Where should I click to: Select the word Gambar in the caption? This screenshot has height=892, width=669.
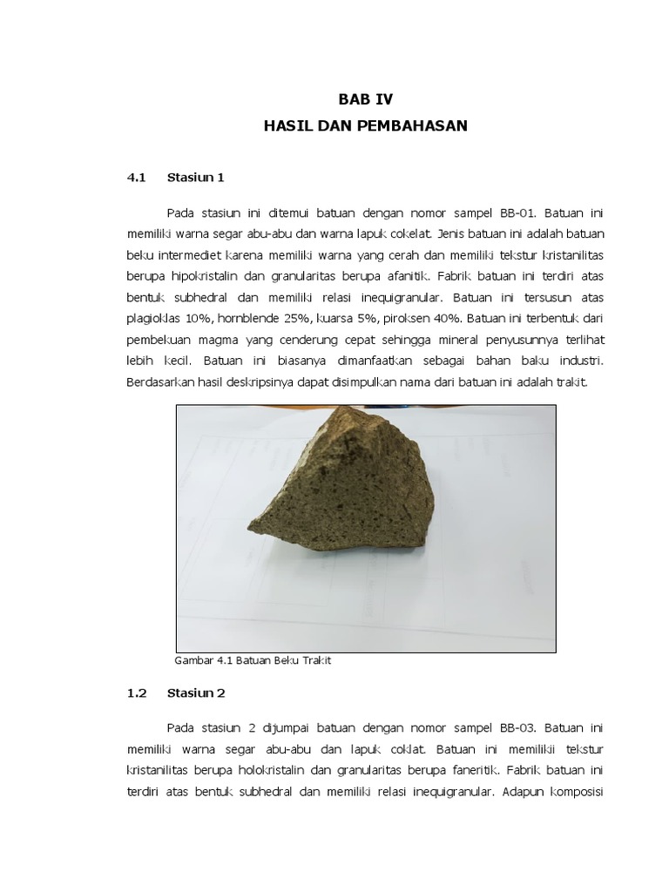tap(194, 660)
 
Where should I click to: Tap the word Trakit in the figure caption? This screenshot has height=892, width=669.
tap(315, 660)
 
